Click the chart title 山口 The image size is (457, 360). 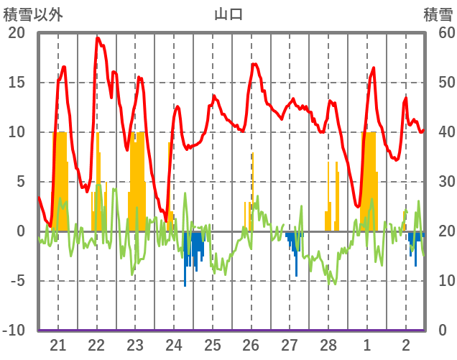click(x=228, y=14)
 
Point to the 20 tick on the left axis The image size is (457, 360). click(x=17, y=33)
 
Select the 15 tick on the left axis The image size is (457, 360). click(x=17, y=83)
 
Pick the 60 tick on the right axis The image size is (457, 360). click(x=438, y=33)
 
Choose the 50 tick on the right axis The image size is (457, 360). click(x=438, y=83)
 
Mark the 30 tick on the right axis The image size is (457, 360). click(x=438, y=182)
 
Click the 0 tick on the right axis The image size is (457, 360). click(x=442, y=331)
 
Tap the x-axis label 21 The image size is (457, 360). click(x=58, y=344)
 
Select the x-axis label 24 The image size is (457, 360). click(x=174, y=344)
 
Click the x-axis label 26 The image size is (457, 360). click(x=251, y=344)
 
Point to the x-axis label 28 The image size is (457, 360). click(x=328, y=344)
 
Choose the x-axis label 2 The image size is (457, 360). click(x=406, y=344)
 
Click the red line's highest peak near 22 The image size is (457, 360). click(x=98, y=38)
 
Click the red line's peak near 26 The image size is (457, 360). click(x=254, y=64)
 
